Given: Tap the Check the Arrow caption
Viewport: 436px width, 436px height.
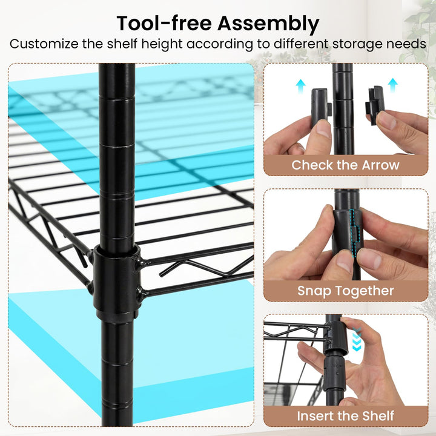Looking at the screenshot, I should [x=345, y=165].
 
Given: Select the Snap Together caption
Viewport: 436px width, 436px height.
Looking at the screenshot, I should [x=345, y=291].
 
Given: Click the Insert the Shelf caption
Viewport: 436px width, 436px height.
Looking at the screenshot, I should [x=345, y=416].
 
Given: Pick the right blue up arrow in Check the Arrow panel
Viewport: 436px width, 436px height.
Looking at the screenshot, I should [x=392, y=84].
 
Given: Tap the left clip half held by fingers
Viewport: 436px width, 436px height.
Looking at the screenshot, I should [x=319, y=108].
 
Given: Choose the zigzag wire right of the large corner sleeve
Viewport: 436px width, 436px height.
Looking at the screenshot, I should [x=200, y=266].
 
